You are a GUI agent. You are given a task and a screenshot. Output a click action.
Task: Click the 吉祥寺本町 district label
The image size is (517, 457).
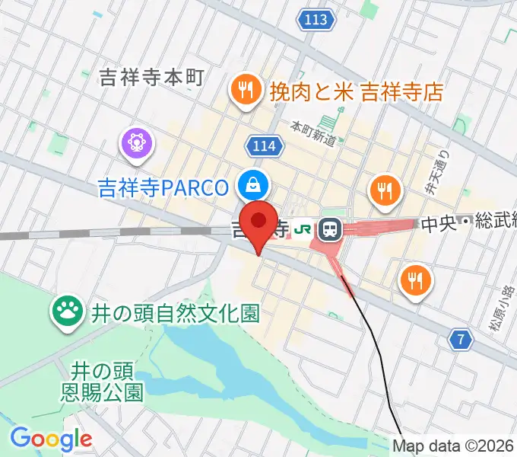[152, 77]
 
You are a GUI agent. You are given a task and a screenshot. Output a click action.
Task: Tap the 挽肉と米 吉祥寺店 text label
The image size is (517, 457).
[356, 93]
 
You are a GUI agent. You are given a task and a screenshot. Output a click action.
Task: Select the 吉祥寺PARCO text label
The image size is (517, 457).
[163, 186]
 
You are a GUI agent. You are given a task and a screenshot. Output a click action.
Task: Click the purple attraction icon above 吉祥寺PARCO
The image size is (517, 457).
[137, 142]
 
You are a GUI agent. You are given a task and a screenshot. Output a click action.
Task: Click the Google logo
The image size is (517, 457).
[51, 439]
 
